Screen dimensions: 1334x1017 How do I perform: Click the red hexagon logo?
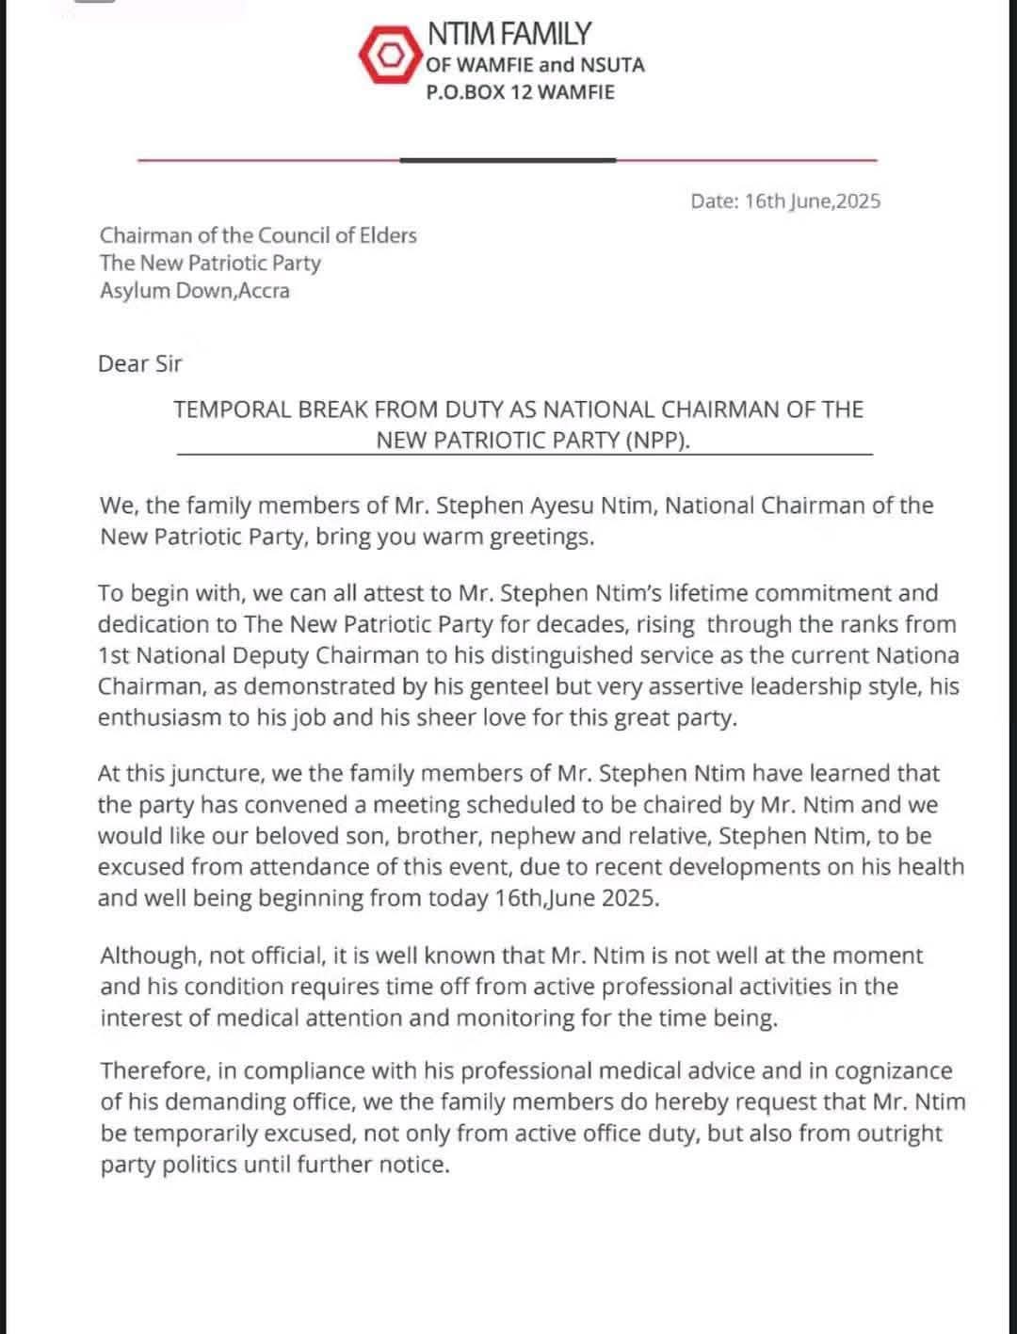(x=388, y=56)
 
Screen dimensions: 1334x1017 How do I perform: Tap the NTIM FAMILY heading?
(x=508, y=34)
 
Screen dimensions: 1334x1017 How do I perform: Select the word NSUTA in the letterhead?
(x=612, y=65)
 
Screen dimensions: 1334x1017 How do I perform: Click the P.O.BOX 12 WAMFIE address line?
(x=520, y=92)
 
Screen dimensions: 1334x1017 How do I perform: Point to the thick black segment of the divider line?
(x=508, y=160)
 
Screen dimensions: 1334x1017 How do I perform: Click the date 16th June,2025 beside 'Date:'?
(x=813, y=201)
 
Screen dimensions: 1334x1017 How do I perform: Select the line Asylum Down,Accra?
(x=195, y=290)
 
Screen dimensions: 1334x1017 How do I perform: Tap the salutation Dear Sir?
(x=139, y=363)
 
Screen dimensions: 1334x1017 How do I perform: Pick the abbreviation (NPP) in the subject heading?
(x=657, y=440)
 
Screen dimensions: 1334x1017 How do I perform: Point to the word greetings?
(x=546, y=537)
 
